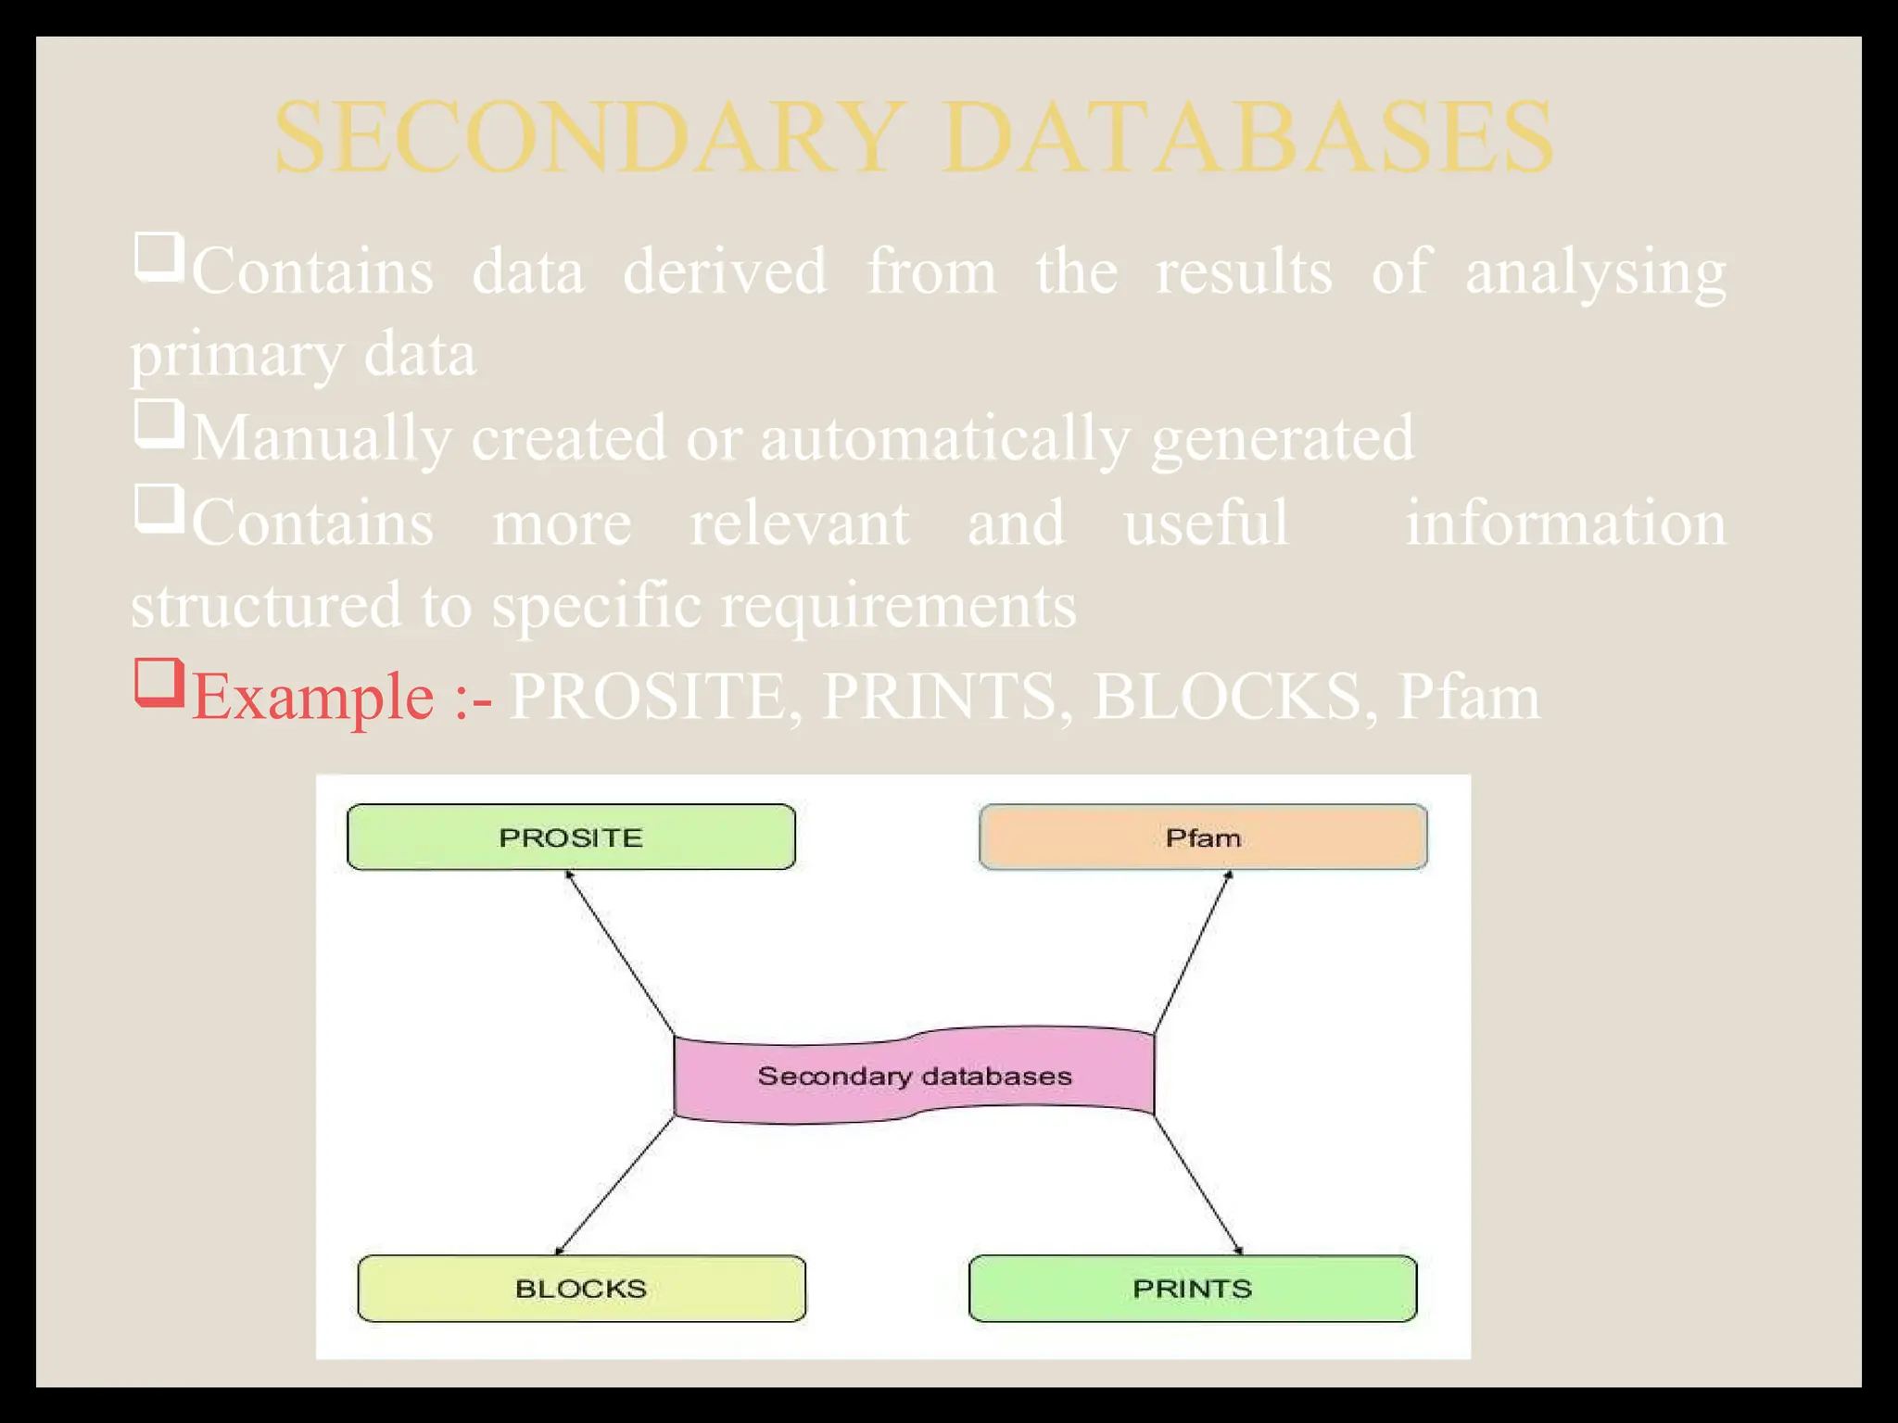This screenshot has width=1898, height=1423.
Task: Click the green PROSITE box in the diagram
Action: pyautogui.click(x=571, y=837)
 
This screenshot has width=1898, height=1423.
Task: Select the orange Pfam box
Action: pyautogui.click(x=1203, y=837)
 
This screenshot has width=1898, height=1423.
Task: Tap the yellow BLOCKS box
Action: pyautogui.click(x=581, y=1288)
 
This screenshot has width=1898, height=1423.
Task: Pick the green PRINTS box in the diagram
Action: pyautogui.click(x=1192, y=1288)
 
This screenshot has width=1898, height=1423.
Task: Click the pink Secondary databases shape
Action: pyautogui.click(x=914, y=1075)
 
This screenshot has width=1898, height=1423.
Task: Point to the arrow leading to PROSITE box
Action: pyautogui.click(x=619, y=952)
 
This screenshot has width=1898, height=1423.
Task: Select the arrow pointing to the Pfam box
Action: pyautogui.click(x=1193, y=952)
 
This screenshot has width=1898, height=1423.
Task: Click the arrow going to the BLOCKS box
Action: pyautogui.click(x=614, y=1186)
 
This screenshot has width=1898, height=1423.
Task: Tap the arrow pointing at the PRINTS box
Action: pyautogui.click(x=1197, y=1185)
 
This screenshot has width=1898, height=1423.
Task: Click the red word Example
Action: pyautogui.click(x=312, y=697)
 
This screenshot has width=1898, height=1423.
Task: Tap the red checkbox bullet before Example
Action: pyautogui.click(x=158, y=682)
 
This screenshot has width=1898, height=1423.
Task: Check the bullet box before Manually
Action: pyautogui.click(x=158, y=423)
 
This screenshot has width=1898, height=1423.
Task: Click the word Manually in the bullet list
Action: pyautogui.click(x=322, y=438)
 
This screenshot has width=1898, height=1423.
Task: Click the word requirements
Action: pyautogui.click(x=898, y=606)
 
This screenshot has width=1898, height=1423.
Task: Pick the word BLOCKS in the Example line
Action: pyautogui.click(x=1226, y=697)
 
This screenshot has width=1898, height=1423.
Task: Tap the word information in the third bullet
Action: pyautogui.click(x=1565, y=523)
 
